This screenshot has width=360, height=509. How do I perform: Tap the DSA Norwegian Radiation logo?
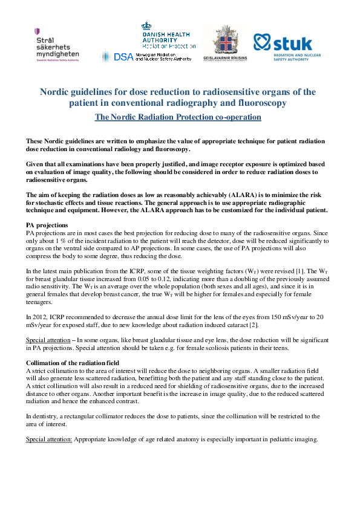pyautogui.click(x=148, y=56)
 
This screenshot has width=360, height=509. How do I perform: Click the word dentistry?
pyautogui.click(x=46, y=416)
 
